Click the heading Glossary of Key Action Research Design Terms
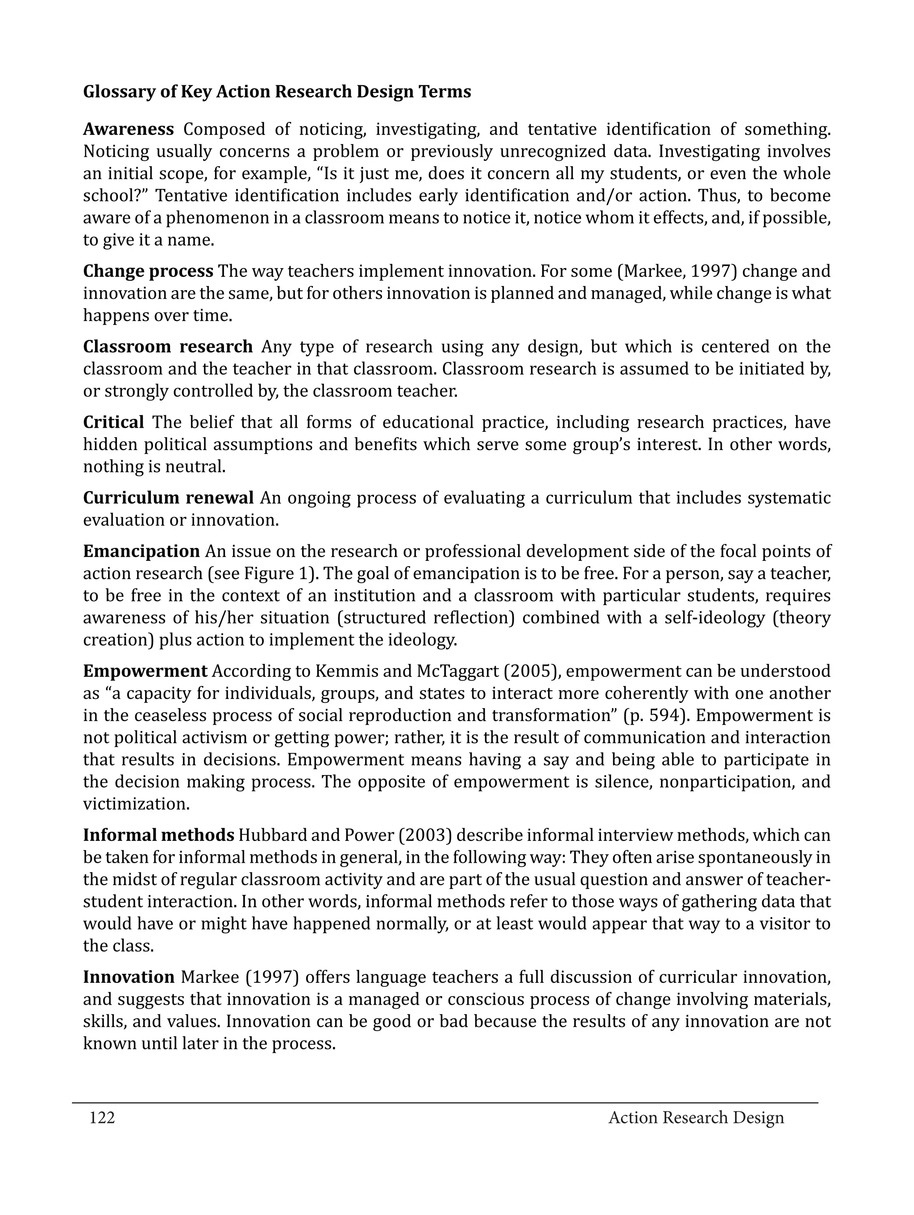click(277, 92)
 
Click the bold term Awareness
click(129, 129)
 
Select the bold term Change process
click(148, 271)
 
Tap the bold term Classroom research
click(167, 347)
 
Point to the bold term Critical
click(114, 422)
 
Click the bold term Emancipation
click(141, 551)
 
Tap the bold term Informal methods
click(158, 835)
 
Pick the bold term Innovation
click(129, 977)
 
